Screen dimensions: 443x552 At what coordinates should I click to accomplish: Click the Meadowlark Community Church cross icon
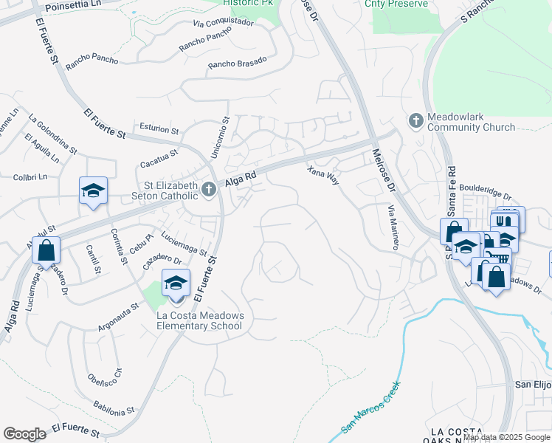(415, 120)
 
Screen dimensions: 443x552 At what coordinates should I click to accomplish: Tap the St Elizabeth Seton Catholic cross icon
(209, 190)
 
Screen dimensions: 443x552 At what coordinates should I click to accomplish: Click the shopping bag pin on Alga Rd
(46, 250)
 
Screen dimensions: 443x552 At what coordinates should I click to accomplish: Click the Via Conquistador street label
(223, 22)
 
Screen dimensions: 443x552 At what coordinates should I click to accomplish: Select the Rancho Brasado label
(237, 64)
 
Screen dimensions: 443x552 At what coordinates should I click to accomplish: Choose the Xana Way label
(322, 175)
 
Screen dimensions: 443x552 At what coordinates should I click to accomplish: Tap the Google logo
(24, 434)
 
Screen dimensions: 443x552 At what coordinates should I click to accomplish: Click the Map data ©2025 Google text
(507, 437)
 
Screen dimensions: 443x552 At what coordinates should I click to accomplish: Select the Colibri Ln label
(30, 177)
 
